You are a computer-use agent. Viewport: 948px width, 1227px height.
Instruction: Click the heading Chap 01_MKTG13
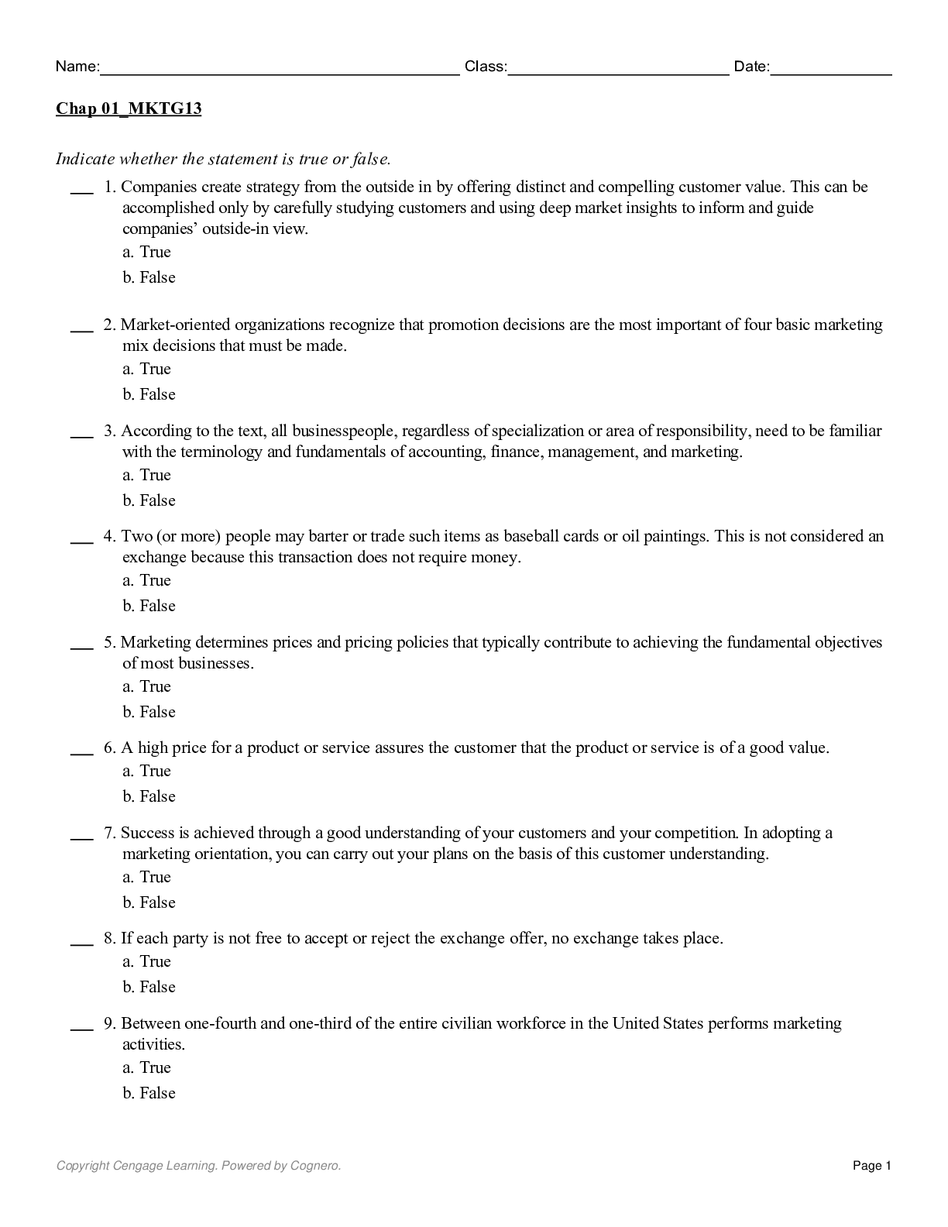[129, 108]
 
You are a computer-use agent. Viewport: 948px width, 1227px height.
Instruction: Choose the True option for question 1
[147, 252]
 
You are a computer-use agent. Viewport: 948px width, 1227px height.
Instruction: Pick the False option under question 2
[149, 394]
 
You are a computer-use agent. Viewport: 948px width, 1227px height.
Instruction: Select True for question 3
[147, 475]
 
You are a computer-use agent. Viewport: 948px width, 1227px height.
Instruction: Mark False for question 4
[149, 606]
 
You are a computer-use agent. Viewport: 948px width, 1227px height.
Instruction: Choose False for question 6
[149, 796]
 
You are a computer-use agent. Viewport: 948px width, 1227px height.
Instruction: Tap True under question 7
[147, 877]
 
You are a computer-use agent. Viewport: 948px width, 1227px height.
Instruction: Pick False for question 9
[149, 1093]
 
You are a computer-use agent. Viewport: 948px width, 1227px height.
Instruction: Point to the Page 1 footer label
[872, 1166]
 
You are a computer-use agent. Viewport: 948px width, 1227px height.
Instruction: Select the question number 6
[109, 748]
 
